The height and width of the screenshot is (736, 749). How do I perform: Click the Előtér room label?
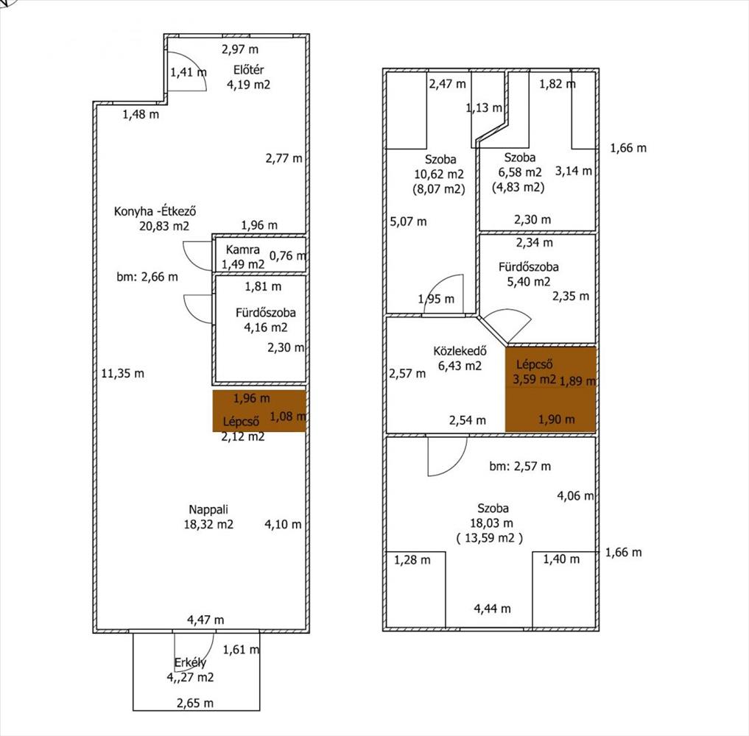click(x=248, y=70)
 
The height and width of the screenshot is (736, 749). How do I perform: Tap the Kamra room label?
click(x=242, y=250)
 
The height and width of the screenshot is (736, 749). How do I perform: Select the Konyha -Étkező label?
click(x=155, y=211)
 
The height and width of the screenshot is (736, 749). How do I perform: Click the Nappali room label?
click(x=208, y=509)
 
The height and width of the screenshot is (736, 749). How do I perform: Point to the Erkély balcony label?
click(x=190, y=662)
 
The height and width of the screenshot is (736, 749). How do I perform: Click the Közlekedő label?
click(x=460, y=351)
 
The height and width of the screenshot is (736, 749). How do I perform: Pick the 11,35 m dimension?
click(x=123, y=373)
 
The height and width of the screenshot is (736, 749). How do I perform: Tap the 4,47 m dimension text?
click(x=205, y=620)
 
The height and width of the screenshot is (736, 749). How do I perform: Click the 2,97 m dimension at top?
click(x=240, y=49)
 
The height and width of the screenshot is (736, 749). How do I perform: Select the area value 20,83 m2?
click(x=163, y=226)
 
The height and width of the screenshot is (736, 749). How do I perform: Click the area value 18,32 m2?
click(x=208, y=524)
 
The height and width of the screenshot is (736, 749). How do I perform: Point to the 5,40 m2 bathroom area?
click(x=528, y=282)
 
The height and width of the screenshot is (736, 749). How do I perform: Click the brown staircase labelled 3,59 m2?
click(x=551, y=389)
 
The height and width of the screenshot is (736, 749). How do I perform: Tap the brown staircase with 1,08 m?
click(x=259, y=411)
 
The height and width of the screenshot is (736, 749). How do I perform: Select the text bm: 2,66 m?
click(x=147, y=276)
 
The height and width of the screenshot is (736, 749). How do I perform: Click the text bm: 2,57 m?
click(x=520, y=466)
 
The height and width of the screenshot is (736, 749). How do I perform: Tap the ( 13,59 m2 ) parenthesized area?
click(x=490, y=538)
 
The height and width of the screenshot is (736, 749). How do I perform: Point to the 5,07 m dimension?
click(x=408, y=222)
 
